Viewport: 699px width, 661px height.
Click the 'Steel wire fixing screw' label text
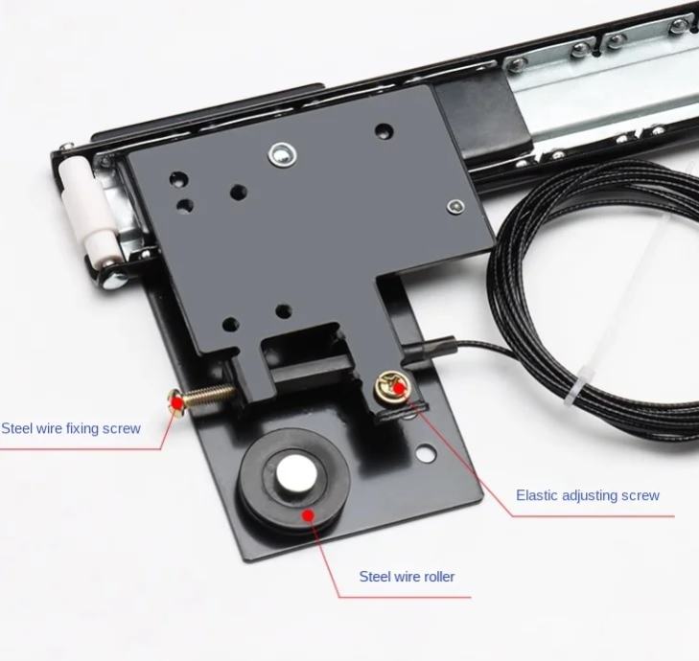(x=71, y=428)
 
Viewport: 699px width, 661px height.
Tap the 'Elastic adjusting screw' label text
(x=588, y=495)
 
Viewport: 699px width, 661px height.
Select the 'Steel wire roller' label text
(x=407, y=577)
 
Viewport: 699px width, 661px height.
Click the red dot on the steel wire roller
(x=308, y=515)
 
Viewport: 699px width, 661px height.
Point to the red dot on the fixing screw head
(x=177, y=403)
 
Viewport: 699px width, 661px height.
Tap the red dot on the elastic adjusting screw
(x=399, y=388)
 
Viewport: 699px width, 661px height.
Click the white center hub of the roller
(x=296, y=474)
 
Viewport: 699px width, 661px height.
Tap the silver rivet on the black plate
(x=282, y=154)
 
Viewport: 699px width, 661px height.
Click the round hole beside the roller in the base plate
(x=426, y=454)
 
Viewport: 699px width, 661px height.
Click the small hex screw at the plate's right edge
(x=455, y=206)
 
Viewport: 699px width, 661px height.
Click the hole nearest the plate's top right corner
(x=384, y=130)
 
